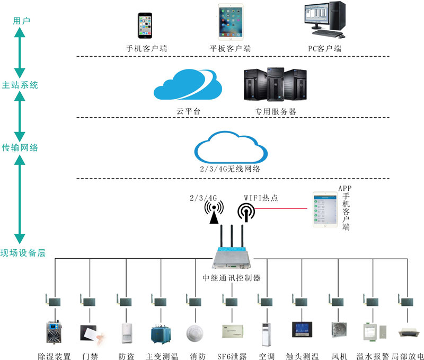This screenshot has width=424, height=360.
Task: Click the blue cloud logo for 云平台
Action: click(x=188, y=84)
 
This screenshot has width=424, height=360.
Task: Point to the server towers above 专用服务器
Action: click(x=275, y=84)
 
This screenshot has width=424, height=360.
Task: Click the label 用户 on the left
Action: click(x=21, y=21)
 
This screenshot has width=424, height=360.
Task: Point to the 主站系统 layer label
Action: click(x=21, y=85)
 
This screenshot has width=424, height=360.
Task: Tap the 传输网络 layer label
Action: click(x=21, y=148)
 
